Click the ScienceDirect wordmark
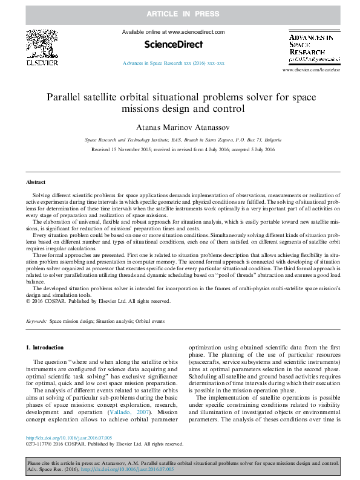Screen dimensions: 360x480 pos(173,45)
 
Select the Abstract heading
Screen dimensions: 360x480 pos(35,181)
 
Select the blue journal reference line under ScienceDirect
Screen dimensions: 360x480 pos(173,62)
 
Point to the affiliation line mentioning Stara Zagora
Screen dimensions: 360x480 pos(180,139)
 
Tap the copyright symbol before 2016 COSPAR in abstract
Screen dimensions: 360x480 pos(28,300)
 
